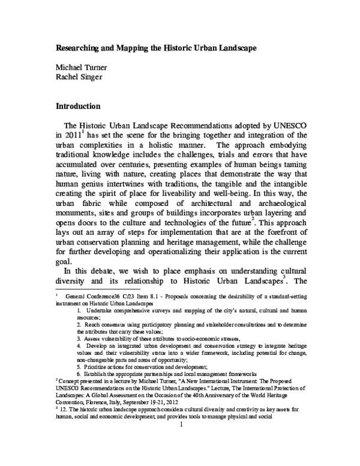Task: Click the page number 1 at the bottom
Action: [180, 447]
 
